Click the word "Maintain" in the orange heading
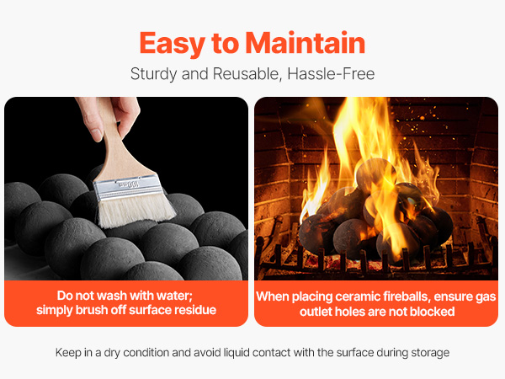tap(305, 43)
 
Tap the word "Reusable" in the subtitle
tap(247, 74)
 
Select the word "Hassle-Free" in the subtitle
tap(331, 74)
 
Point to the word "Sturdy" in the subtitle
tap(154, 74)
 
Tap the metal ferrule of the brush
tap(128, 187)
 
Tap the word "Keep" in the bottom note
tap(68, 353)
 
